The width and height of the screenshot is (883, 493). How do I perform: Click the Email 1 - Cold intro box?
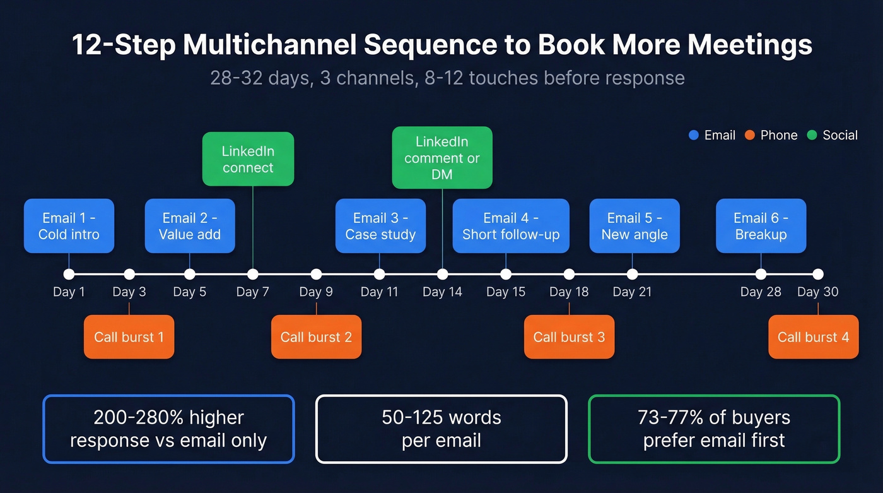click(x=69, y=226)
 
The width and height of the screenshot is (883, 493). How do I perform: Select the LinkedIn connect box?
click(x=248, y=159)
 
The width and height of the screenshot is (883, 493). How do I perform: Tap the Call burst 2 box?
click(x=316, y=337)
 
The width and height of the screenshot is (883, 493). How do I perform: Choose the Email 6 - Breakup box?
click(x=761, y=226)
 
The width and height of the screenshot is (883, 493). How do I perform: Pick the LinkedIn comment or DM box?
click(x=442, y=158)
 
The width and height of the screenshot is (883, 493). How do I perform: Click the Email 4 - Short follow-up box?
click(x=511, y=226)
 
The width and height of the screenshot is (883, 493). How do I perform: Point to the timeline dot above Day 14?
click(x=442, y=274)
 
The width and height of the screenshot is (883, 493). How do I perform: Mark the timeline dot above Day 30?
click(x=818, y=274)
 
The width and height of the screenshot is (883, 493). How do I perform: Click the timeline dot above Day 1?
click(x=69, y=274)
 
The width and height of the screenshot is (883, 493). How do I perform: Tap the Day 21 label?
click(x=632, y=292)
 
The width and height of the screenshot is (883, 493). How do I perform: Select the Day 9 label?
click(x=316, y=292)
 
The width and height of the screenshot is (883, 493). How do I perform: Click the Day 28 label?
click(x=761, y=292)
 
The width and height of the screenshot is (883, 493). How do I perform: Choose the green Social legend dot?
click(x=812, y=135)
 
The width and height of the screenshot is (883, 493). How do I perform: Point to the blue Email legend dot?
click(x=694, y=135)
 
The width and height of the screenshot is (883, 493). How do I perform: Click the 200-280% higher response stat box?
click(x=168, y=429)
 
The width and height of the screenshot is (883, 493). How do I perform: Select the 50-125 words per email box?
click(x=441, y=429)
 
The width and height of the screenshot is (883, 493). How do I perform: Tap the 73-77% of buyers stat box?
click(x=714, y=429)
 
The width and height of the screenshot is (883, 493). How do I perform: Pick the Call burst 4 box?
click(x=813, y=337)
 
